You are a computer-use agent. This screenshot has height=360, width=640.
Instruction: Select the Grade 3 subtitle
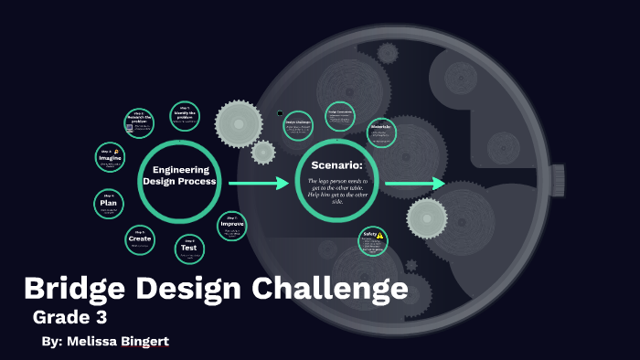click(x=70, y=318)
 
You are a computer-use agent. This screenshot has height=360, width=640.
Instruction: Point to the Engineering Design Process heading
click(x=179, y=175)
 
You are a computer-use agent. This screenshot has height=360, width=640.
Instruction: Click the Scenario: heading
click(x=337, y=165)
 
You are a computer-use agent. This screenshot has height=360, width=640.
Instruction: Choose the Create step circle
click(x=140, y=238)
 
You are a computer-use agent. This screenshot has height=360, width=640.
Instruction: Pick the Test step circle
click(x=188, y=248)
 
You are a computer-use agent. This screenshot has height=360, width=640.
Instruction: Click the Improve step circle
click(x=231, y=224)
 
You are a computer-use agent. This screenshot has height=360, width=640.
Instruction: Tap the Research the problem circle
click(x=139, y=122)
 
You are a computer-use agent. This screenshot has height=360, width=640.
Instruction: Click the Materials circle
click(x=381, y=133)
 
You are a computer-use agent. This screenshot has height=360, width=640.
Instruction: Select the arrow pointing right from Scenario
click(x=414, y=185)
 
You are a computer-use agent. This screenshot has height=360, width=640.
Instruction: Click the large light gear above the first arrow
click(x=239, y=122)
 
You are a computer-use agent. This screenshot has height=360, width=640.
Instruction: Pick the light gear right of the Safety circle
click(x=426, y=218)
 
